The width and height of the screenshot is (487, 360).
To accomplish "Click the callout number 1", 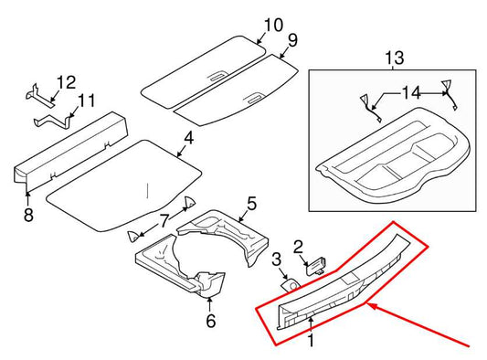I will (x=311, y=342).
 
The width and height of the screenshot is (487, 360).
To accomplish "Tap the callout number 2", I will (x=298, y=246).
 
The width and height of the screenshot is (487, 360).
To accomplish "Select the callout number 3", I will (x=277, y=262).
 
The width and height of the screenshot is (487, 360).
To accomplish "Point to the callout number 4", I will (x=187, y=139).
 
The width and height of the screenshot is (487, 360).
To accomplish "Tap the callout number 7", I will (x=164, y=220).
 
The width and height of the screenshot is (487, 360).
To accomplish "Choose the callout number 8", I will (x=28, y=215).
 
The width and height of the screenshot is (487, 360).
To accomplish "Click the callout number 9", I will (x=291, y=39).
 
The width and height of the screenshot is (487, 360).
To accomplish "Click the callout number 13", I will (x=393, y=59).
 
